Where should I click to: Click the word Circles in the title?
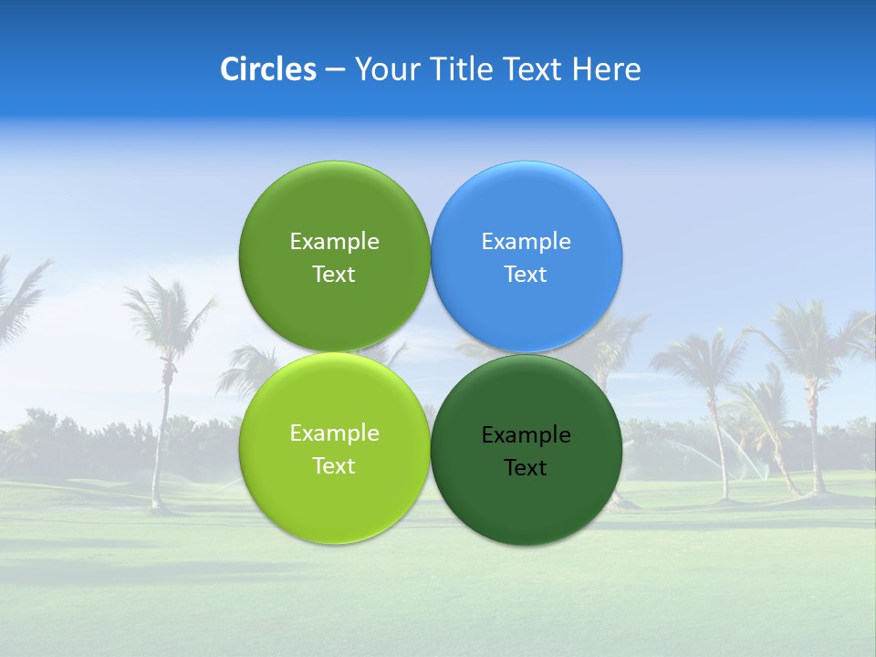point(268,69)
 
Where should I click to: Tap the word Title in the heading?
point(464,69)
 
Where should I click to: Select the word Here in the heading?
point(606,69)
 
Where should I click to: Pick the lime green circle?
point(334,497)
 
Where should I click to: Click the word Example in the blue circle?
point(527,242)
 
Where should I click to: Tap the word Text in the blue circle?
point(527,275)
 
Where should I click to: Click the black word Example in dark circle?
point(527,435)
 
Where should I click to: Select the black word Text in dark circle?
point(527,468)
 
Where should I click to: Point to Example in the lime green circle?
point(334,433)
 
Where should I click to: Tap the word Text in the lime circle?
point(334,466)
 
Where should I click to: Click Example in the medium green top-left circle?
point(334,242)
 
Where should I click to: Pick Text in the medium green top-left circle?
point(334,275)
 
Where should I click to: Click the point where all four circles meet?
point(430,353)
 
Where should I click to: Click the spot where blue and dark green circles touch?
point(527,353)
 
